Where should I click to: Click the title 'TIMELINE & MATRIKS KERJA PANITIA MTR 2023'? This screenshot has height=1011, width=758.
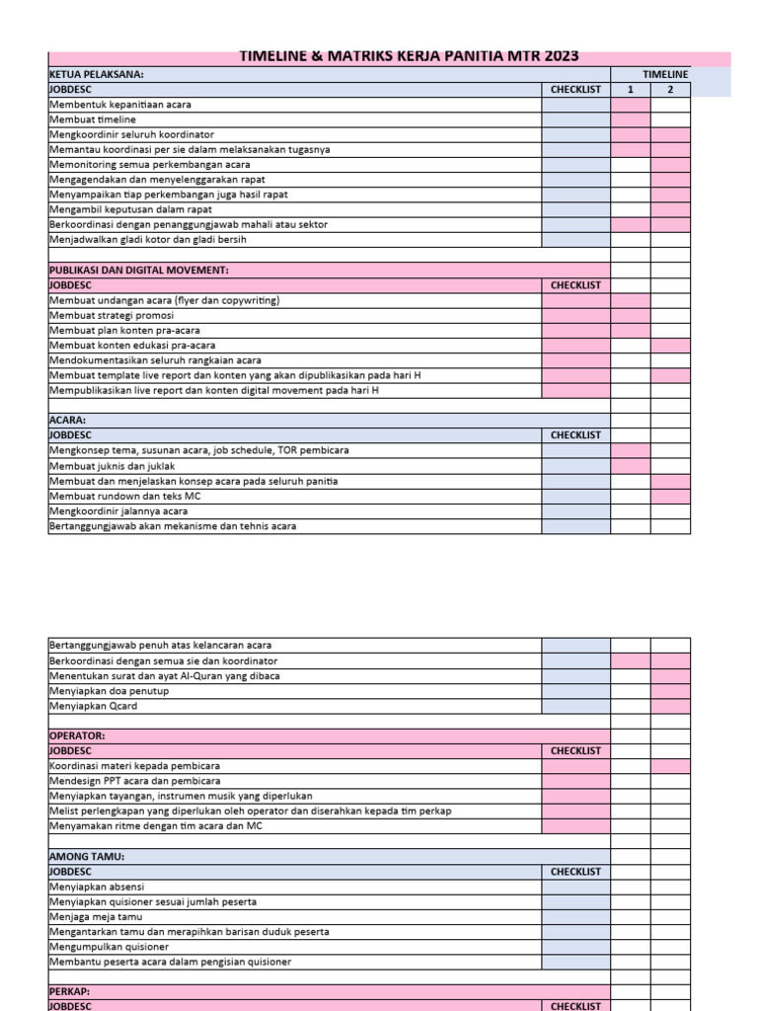coord(409,56)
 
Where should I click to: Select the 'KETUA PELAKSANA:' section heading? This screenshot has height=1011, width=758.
coord(97,74)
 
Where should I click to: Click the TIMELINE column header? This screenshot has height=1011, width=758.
coord(665,74)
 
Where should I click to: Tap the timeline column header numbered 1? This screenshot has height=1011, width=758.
coord(631,90)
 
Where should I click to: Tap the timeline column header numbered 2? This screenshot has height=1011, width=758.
coord(670,90)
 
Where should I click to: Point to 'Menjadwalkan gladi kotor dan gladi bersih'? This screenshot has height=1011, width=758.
coord(148,240)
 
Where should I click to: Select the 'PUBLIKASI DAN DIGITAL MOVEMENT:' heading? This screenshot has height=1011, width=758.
coord(138,270)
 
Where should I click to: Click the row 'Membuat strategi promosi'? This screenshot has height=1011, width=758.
coord(112,316)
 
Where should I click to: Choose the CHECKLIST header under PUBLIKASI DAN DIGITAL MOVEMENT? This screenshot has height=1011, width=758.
coord(575,285)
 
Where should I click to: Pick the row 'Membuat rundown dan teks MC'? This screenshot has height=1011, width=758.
coord(125,497)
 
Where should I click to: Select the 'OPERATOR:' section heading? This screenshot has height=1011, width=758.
coord(77,737)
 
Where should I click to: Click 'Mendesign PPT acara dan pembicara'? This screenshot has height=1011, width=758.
coord(135,781)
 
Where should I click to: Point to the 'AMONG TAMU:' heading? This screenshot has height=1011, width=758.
coord(87,857)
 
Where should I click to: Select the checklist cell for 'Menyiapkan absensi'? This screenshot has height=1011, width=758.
coord(575,887)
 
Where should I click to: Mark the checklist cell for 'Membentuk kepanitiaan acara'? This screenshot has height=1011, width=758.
coord(575,105)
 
